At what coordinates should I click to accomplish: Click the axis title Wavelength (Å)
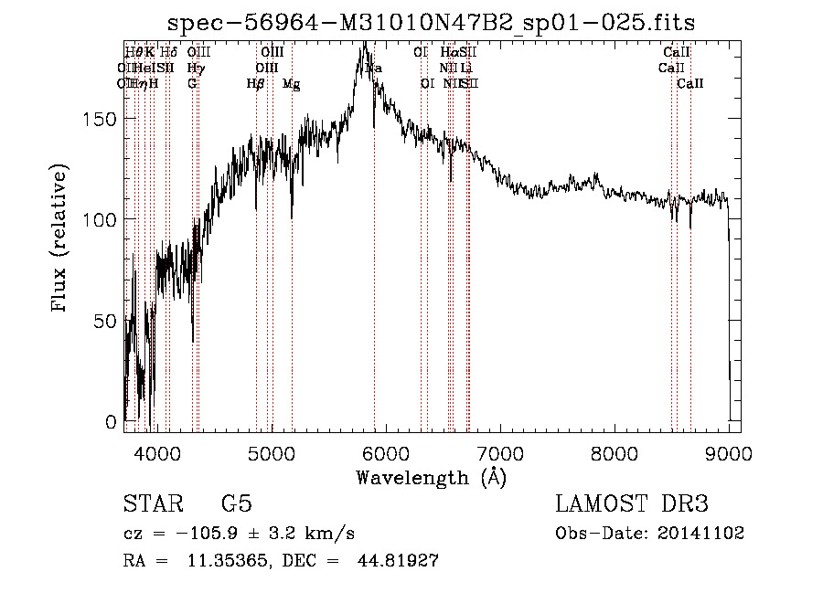(x=431, y=477)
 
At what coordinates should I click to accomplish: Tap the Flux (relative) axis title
(x=61, y=240)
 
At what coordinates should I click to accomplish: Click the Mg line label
(x=291, y=84)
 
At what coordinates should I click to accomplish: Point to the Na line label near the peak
(x=374, y=69)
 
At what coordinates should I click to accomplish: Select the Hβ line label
(x=256, y=84)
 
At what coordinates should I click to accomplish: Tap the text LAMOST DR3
(x=631, y=504)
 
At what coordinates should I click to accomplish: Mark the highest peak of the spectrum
(x=365, y=43)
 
